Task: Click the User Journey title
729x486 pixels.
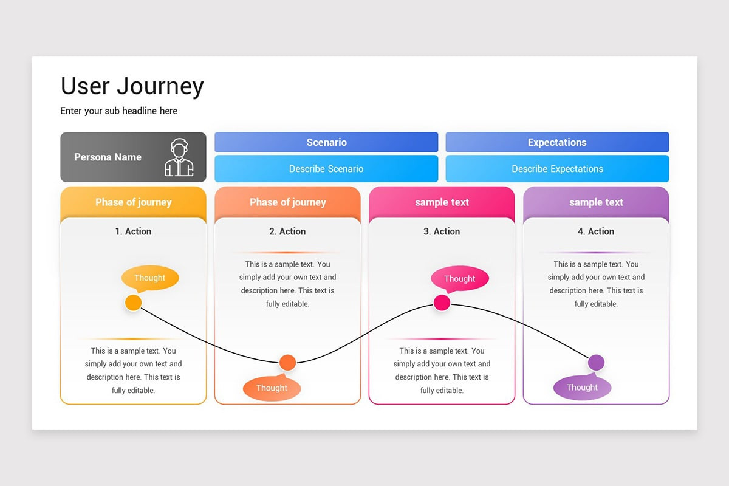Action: click(x=132, y=86)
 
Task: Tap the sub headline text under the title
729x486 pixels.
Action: click(x=119, y=111)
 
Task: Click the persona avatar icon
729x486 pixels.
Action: click(x=179, y=157)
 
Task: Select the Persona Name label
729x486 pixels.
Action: click(x=108, y=157)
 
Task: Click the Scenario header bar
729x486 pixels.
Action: click(x=326, y=142)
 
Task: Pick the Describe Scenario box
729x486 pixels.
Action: click(x=326, y=169)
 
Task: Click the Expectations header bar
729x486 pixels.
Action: click(x=557, y=142)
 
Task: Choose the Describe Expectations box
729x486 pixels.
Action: click(x=557, y=169)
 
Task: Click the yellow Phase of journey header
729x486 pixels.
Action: click(x=133, y=202)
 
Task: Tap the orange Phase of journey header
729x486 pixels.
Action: click(x=287, y=202)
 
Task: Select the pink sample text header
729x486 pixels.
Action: click(x=442, y=202)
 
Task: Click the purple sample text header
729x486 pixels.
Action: click(x=596, y=202)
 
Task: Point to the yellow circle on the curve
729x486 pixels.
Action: click(x=133, y=303)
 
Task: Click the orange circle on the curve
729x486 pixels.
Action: click(x=287, y=363)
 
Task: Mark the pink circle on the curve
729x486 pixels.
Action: click(x=442, y=303)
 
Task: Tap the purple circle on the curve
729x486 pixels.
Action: click(x=596, y=363)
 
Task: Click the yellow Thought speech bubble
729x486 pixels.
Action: click(x=150, y=278)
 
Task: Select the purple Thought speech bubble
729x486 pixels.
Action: click(x=582, y=388)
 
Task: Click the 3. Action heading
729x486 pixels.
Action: click(x=442, y=231)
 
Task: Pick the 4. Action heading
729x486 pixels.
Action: click(x=596, y=231)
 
